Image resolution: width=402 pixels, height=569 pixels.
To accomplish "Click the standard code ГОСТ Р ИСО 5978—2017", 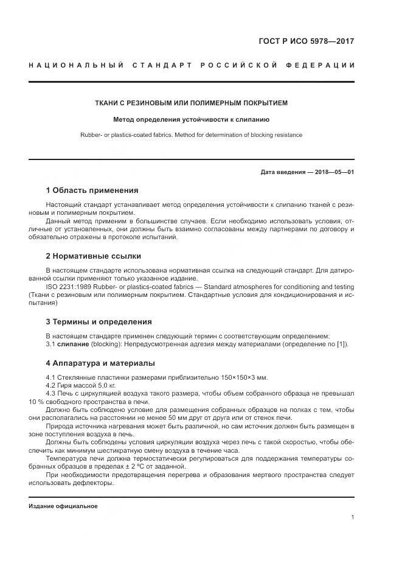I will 307,42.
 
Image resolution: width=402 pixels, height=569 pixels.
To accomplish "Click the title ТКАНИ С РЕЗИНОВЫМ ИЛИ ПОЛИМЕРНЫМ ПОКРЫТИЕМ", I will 191,103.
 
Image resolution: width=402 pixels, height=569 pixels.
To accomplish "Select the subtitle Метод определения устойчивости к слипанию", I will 191,120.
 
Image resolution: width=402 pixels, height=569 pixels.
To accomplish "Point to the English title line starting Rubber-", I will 191,135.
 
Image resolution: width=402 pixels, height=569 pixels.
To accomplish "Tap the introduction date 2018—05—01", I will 333,172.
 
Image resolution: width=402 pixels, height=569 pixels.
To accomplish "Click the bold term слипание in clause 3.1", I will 73,344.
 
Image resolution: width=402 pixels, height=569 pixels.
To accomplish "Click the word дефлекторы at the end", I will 93,483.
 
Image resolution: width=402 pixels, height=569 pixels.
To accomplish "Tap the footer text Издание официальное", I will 63,506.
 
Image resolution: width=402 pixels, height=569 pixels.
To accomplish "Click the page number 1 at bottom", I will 353,517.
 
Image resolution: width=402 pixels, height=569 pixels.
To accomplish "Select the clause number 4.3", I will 51,394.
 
